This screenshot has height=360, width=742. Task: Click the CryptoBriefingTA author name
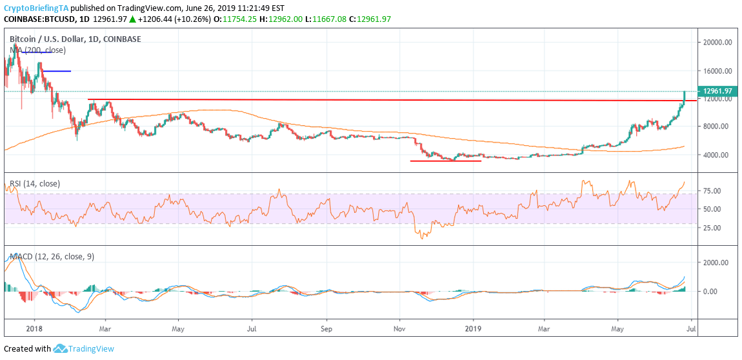[36, 8]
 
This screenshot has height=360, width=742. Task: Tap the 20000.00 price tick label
[717, 43]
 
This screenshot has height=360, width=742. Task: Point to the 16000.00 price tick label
[717, 71]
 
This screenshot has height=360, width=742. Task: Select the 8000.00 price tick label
[717, 126]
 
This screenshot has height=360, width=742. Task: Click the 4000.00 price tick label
[717, 155]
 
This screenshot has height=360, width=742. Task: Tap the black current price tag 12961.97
[717, 91]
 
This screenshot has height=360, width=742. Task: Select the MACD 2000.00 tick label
[716, 263]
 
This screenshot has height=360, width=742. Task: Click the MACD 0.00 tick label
[710, 292]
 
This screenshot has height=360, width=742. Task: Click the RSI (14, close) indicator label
[35, 184]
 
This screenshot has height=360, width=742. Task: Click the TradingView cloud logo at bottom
[61, 349]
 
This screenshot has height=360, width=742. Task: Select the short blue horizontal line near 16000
[57, 71]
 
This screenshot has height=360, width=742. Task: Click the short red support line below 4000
[445, 161]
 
